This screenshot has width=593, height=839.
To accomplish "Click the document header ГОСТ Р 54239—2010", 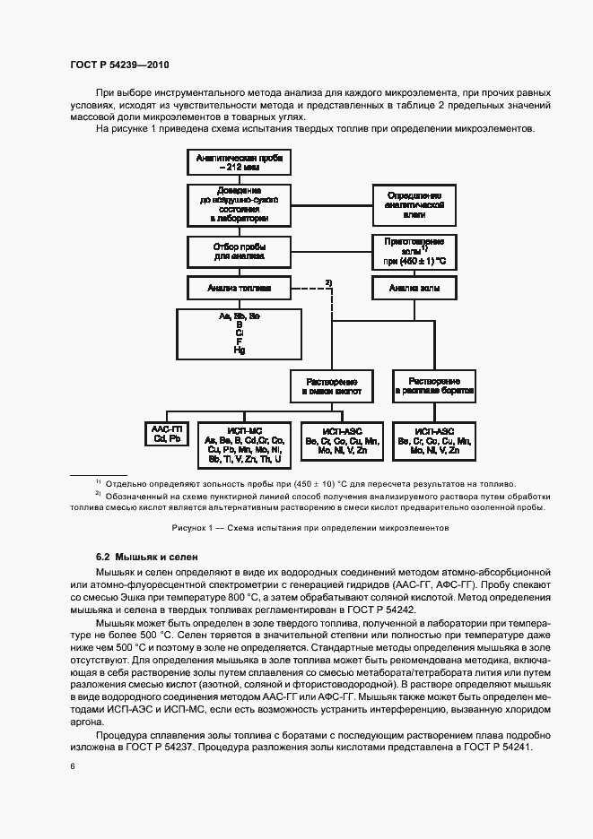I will (x=118, y=65).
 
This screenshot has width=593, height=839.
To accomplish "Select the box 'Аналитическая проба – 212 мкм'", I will (x=238, y=163).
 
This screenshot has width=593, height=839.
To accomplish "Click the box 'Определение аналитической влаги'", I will (x=414, y=204).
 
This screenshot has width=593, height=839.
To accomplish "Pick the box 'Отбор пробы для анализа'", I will (x=238, y=251).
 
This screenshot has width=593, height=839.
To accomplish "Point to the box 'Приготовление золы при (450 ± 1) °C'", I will (x=414, y=252).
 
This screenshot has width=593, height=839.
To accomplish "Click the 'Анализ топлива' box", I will (x=238, y=289).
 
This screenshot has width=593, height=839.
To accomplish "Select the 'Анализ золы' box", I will (x=414, y=289).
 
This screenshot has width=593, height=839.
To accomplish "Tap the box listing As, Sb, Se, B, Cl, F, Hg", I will (x=238, y=333).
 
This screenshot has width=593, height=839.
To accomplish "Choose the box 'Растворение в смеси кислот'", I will (x=329, y=386).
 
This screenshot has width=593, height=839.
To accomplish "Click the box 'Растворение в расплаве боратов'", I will (x=433, y=386).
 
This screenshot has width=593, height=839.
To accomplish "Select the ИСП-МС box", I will (x=244, y=444).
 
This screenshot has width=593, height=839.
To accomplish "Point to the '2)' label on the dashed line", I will (x=328, y=283).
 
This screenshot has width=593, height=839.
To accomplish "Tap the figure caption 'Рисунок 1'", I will (x=296, y=528).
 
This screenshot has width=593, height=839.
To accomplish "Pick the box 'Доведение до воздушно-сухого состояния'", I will (x=238, y=204).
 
